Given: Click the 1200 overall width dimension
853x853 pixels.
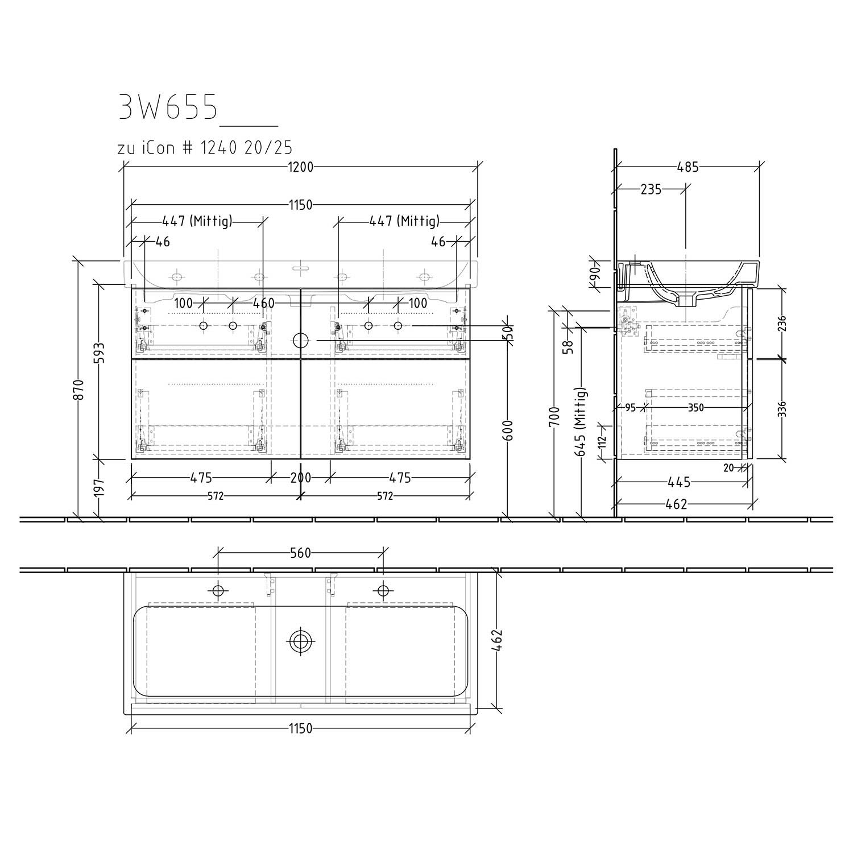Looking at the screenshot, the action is pyautogui.click(x=300, y=167).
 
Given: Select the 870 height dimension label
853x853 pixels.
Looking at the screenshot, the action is pyautogui.click(x=80, y=390).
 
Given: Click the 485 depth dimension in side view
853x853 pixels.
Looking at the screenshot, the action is pyautogui.click(x=688, y=167).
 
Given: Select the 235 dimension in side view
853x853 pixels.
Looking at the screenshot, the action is pyautogui.click(x=651, y=189).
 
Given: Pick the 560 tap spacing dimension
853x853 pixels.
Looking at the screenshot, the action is pyautogui.click(x=300, y=553).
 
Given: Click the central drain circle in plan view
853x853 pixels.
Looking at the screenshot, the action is pyautogui.click(x=300, y=642).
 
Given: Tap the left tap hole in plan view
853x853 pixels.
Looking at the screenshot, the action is pyautogui.click(x=219, y=590).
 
